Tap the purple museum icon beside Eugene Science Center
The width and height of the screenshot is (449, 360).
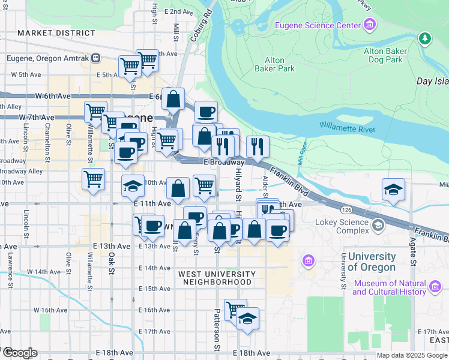pos(369,25)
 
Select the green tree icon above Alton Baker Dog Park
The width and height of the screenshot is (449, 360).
pos(426,39)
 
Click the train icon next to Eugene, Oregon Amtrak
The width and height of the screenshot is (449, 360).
pos(104,58)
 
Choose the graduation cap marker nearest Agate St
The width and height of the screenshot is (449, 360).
pos(393,190)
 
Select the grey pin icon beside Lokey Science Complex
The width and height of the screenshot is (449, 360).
pos(378,226)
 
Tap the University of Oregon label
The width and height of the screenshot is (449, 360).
pos(372,262)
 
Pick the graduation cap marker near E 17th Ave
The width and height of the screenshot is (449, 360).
pos(246,319)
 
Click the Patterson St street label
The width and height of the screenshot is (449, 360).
pos(217,330)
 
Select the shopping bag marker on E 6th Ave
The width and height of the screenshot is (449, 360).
pos(173,100)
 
